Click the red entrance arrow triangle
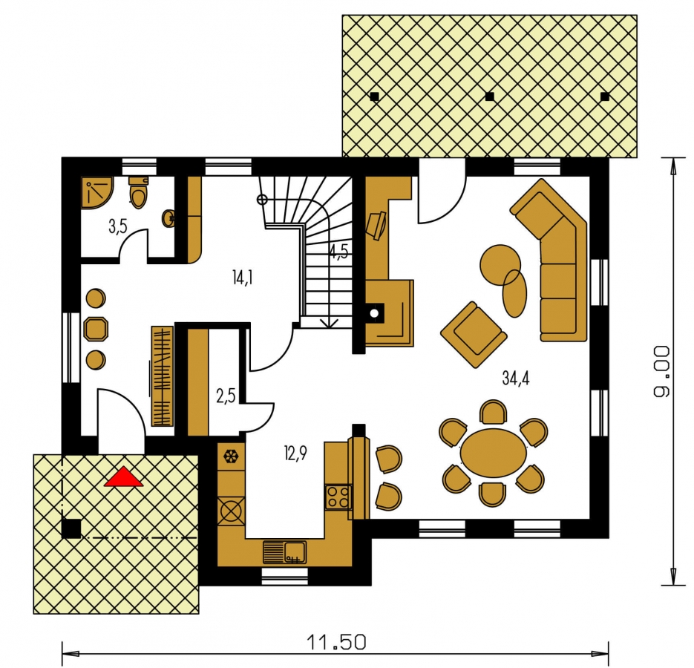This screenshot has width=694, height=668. [x=123, y=478]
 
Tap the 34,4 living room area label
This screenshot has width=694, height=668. [x=516, y=379]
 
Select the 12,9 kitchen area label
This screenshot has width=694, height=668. [x=295, y=453]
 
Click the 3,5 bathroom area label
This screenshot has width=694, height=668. [x=118, y=226]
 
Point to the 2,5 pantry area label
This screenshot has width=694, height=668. [x=226, y=396]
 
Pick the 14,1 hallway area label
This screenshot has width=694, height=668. [x=242, y=278]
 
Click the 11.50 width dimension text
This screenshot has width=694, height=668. [x=337, y=642]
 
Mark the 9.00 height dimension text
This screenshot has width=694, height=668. [x=661, y=371]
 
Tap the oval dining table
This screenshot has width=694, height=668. [x=494, y=453]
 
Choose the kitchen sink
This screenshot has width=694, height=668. [x=284, y=552]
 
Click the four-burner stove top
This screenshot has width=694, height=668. [x=338, y=497]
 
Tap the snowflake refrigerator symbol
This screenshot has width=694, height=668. [x=230, y=456]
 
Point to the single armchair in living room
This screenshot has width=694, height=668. [x=474, y=334]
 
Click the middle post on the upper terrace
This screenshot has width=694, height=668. [x=489, y=96]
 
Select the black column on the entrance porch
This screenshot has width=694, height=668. [x=71, y=528]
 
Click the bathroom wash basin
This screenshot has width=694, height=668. [x=169, y=218]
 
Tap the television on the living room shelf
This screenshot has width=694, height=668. [x=376, y=225]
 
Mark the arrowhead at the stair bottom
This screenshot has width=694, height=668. [x=328, y=323]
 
